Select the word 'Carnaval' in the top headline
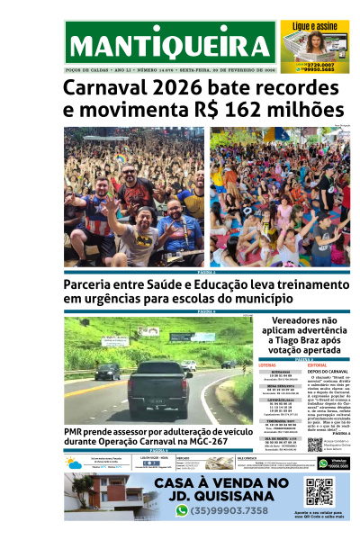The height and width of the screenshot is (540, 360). pyautogui.click(x=105, y=88)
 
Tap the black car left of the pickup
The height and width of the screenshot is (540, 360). pyautogui.click(x=107, y=371)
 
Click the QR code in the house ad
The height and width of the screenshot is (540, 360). pyautogui.click(x=319, y=491)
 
